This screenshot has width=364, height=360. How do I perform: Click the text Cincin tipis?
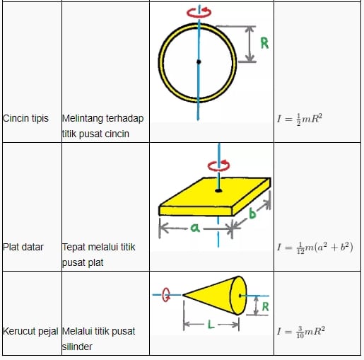click(25, 118)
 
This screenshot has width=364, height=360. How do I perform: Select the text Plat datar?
click(23, 247)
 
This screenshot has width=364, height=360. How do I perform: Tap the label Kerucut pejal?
click(30, 331)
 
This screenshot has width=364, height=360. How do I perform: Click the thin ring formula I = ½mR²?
click(300, 119)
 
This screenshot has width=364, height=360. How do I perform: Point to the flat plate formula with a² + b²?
click(315, 248)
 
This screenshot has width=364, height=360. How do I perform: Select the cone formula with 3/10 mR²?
click(301, 332)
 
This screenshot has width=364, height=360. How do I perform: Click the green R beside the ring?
click(264, 43)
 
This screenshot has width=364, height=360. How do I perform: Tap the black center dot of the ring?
click(199, 62)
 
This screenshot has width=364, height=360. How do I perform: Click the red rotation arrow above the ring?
click(199, 12)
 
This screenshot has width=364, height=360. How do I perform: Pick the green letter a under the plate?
click(195, 228)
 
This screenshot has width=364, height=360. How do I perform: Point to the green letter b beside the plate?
click(252, 213)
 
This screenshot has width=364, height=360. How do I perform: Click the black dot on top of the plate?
click(218, 190)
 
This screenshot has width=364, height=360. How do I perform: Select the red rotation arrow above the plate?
click(218, 165)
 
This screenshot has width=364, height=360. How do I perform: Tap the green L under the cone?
click(211, 325)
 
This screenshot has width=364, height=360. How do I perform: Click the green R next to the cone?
click(265, 307)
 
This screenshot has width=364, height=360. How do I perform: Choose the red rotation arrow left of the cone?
click(166, 295)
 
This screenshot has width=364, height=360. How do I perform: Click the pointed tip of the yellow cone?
click(183, 295)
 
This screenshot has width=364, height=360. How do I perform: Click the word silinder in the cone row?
click(77, 347)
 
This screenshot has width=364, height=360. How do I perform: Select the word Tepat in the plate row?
click(74, 248)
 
